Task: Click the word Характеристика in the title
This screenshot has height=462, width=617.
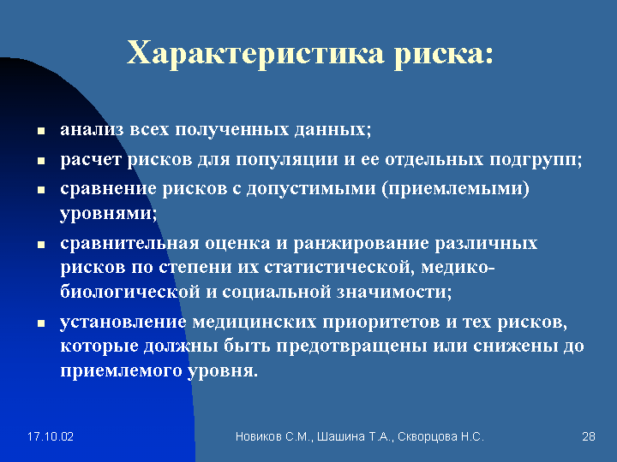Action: coord(255,53)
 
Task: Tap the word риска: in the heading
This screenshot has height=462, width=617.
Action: coord(444,54)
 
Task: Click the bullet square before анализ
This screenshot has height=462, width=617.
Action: coord(41,131)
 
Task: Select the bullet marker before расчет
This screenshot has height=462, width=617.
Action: coord(41,161)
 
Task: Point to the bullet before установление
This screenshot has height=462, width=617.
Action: coord(41,323)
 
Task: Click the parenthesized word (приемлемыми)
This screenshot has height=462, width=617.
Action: coord(455,189)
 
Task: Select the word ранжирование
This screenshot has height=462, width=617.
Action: coord(361,244)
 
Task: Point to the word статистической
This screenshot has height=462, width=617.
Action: coord(338,268)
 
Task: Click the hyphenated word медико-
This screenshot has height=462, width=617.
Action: coord(458,268)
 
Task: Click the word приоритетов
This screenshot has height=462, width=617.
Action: coord(381,323)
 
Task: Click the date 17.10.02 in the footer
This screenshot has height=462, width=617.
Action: coord(51,436)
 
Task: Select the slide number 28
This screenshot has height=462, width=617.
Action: coord(588,436)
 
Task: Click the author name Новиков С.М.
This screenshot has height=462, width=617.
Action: coord(273,437)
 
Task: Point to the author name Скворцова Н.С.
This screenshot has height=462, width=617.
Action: coord(440,437)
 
